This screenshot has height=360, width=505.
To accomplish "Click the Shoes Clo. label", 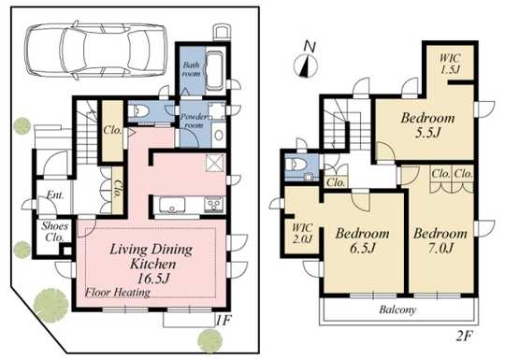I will click(x=51, y=230).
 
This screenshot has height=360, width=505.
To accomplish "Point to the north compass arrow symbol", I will click(x=304, y=65).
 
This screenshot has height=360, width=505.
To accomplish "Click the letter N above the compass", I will click(x=309, y=45).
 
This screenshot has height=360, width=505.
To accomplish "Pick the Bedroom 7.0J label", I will click(x=439, y=240).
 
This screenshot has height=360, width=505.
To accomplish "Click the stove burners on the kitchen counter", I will click(x=213, y=204).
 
